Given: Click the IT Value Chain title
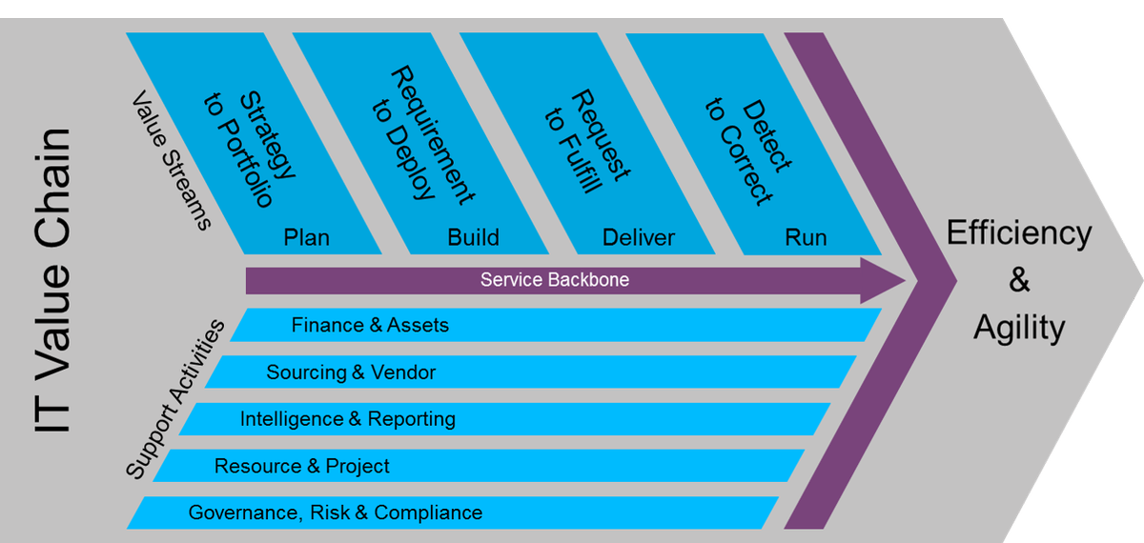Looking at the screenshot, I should coord(52,281).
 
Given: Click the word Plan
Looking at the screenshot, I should coord(307,237).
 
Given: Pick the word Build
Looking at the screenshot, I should coord(473,237).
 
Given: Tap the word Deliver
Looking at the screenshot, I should coord(639,237).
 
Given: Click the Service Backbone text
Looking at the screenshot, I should coord(555,280).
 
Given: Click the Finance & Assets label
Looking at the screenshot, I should coord(370,326).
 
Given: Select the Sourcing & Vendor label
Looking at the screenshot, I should coord(351,372).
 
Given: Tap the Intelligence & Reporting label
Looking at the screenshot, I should coord(348,419).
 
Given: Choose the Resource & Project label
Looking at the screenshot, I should coord(302,466).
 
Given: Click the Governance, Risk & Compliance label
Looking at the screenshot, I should coord(336,513).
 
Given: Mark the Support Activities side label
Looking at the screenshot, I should coord(176,398).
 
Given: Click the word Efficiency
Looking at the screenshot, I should coord(1019,233).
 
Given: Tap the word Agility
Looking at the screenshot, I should coord(1019,328).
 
